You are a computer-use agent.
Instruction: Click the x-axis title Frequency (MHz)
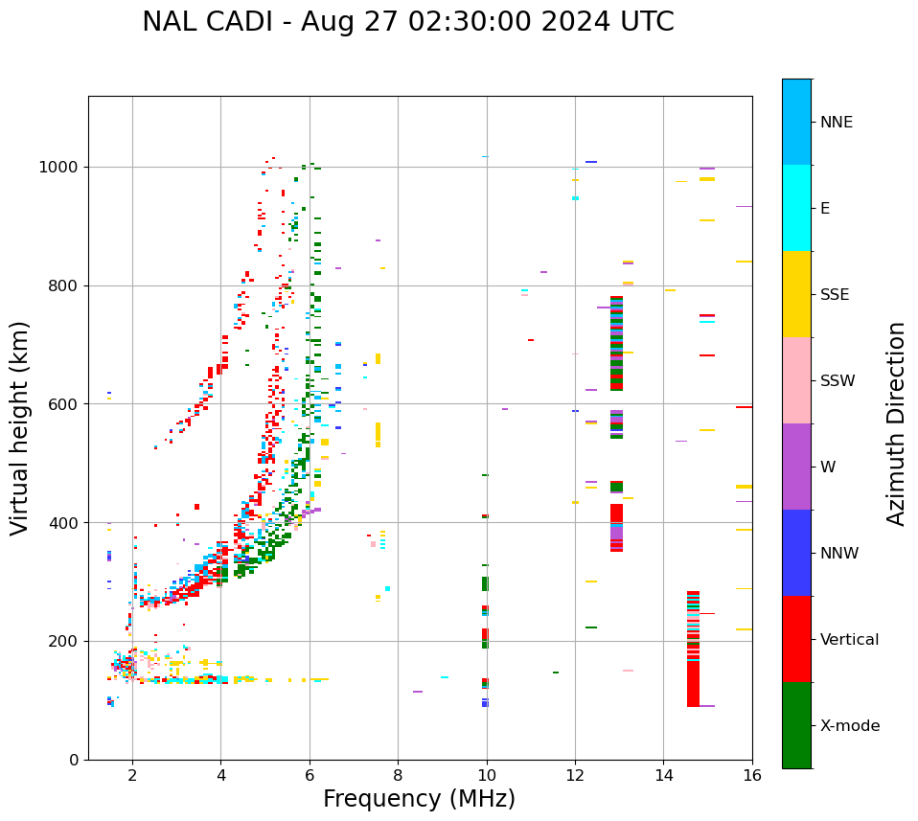tap(419, 799)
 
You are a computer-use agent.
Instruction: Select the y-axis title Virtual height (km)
tap(20, 427)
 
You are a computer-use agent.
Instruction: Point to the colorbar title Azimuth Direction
tap(896, 423)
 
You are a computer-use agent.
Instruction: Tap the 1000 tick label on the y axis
tap(60, 168)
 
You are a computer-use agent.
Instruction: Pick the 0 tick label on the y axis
tap(73, 760)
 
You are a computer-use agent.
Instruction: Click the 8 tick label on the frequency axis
tap(398, 775)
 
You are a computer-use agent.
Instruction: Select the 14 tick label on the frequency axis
tap(663, 775)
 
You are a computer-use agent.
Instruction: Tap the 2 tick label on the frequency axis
tap(132, 775)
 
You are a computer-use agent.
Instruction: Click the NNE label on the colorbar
tap(836, 123)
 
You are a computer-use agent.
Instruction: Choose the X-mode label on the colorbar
tap(850, 726)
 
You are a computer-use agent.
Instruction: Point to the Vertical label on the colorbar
tap(849, 640)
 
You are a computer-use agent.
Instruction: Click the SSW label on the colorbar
tap(838, 381)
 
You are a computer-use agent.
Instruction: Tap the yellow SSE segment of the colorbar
tap(796, 294)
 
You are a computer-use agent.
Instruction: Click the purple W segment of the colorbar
tap(796, 467)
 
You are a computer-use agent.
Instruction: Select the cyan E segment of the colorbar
tap(796, 208)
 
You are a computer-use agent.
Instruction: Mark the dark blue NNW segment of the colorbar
tap(796, 553)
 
